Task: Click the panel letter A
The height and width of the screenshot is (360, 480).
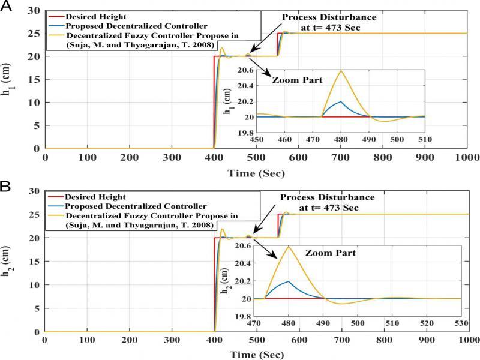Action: [7, 7]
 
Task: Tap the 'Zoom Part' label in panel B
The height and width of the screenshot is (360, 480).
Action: [331, 253]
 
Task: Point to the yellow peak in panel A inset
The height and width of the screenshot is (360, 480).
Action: [341, 71]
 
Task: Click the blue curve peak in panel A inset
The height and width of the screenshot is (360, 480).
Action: [341, 101]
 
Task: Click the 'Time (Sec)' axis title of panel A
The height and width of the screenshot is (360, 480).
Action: [256, 173]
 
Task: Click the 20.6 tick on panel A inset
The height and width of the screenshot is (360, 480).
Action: [246, 71]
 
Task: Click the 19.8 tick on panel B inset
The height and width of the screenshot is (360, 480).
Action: [242, 316]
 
